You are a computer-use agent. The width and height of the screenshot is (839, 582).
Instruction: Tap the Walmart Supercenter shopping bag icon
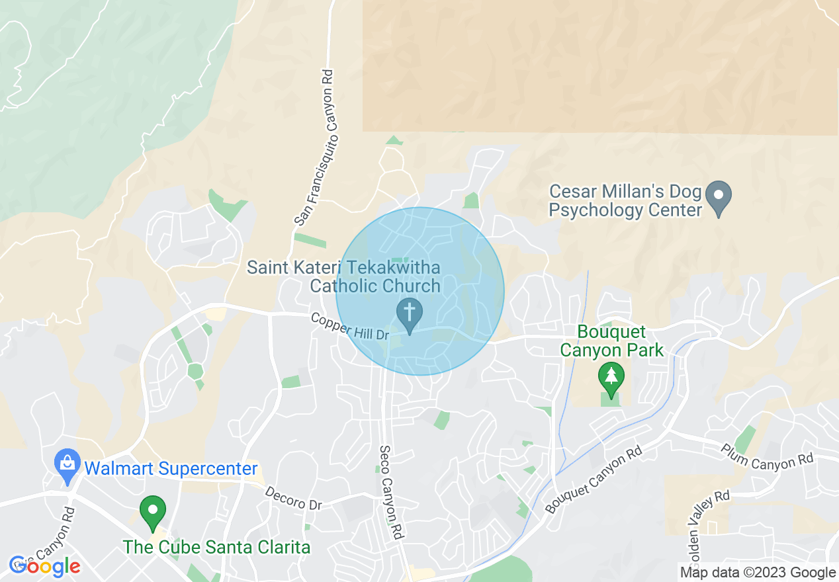tap(67, 464)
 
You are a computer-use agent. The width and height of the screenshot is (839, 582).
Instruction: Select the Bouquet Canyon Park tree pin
tap(611, 378)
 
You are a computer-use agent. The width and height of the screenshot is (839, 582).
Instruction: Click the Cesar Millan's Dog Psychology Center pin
tap(719, 196)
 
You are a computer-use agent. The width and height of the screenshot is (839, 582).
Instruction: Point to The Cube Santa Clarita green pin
tap(154, 512)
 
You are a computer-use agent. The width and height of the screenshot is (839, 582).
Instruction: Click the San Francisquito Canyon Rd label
tap(318, 146)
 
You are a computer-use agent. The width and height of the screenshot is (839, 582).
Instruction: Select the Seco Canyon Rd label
tap(391, 491)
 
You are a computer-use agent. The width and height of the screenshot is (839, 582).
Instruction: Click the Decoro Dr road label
tap(293, 498)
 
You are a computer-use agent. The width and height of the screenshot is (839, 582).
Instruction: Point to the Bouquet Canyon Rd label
tap(594, 480)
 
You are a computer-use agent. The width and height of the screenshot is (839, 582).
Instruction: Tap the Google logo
tap(45, 566)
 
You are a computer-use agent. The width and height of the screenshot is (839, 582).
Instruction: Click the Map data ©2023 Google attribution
tap(758, 573)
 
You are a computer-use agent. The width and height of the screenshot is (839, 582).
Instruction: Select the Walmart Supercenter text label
tap(171, 469)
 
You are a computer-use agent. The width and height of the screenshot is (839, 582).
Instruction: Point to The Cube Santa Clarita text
tap(216, 548)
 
